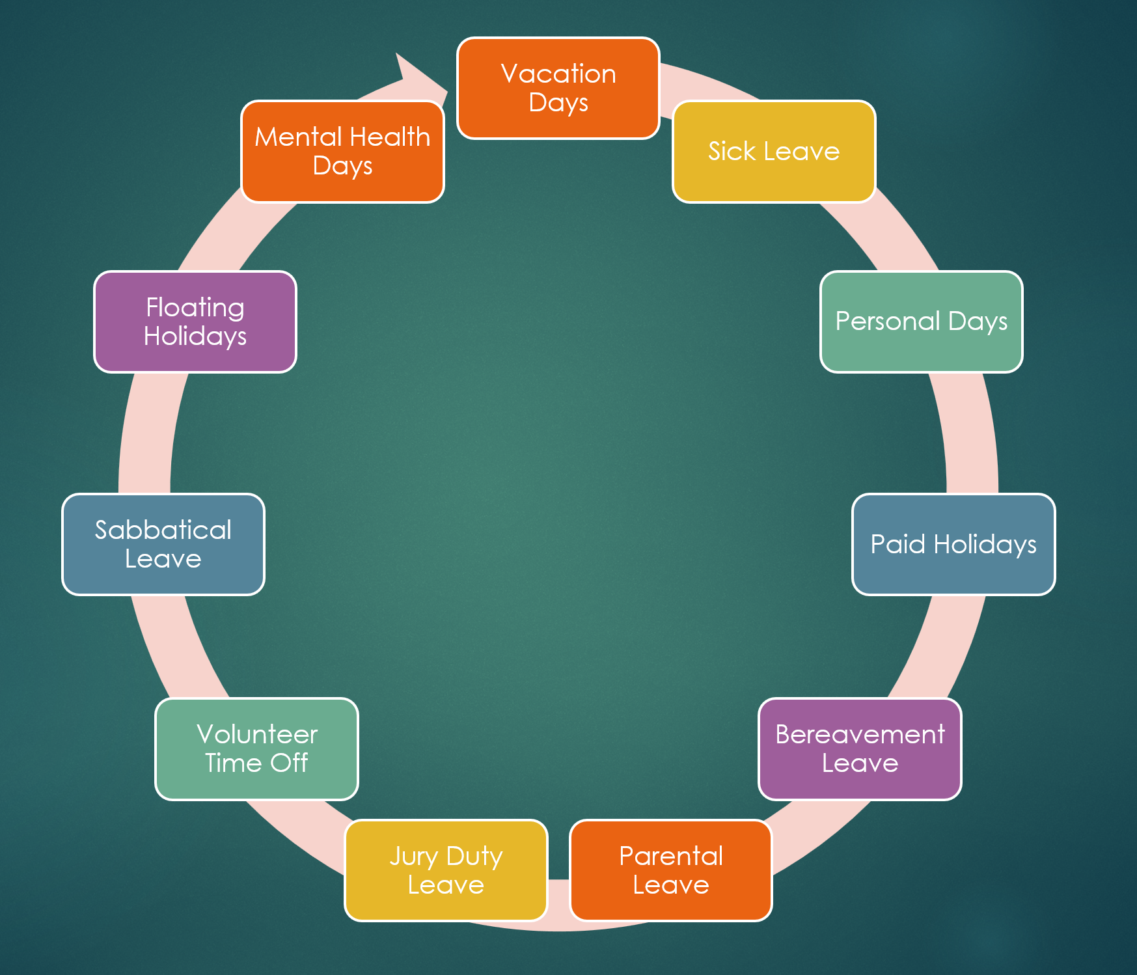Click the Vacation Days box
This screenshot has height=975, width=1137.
click(x=558, y=89)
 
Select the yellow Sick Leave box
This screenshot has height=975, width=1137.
click(x=774, y=152)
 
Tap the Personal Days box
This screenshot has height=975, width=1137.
click(x=921, y=322)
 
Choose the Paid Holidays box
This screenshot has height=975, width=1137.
click(x=953, y=544)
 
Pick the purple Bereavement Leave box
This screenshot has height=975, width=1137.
click(x=860, y=749)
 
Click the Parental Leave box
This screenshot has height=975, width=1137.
click(x=671, y=870)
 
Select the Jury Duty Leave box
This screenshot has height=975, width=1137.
click(x=446, y=870)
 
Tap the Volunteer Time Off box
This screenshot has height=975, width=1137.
click(x=256, y=749)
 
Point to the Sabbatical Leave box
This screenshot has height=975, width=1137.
click(x=163, y=544)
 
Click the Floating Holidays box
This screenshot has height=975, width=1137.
click(x=195, y=322)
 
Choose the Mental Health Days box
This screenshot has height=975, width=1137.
click(x=342, y=152)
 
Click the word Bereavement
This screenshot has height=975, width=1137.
click(x=860, y=735)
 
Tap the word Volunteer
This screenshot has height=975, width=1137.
click(x=256, y=735)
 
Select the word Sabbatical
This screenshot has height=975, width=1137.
click(x=163, y=530)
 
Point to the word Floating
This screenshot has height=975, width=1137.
click(x=195, y=307)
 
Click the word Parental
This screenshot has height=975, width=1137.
click(x=671, y=856)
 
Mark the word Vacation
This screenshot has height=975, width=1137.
click(x=558, y=74)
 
